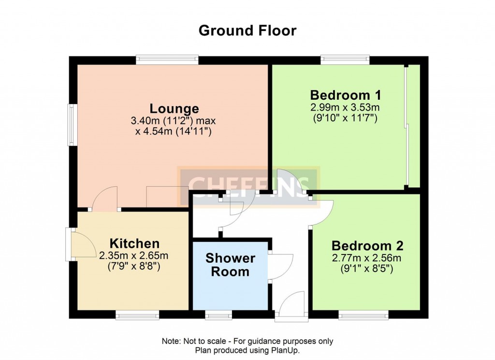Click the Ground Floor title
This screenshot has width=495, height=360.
247,30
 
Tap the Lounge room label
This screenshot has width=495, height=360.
174,108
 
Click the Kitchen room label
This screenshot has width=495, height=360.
134,243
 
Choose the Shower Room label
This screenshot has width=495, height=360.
230,265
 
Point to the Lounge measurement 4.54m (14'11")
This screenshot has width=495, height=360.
174,131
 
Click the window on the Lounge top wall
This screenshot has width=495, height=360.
167,60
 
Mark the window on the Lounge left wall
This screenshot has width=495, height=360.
72,125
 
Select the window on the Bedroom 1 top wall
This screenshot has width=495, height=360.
346,60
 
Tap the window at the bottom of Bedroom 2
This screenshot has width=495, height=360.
364,315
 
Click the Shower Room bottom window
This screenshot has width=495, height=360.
218,315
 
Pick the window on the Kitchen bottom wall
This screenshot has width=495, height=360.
138,315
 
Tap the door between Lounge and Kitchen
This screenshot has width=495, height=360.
105,199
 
